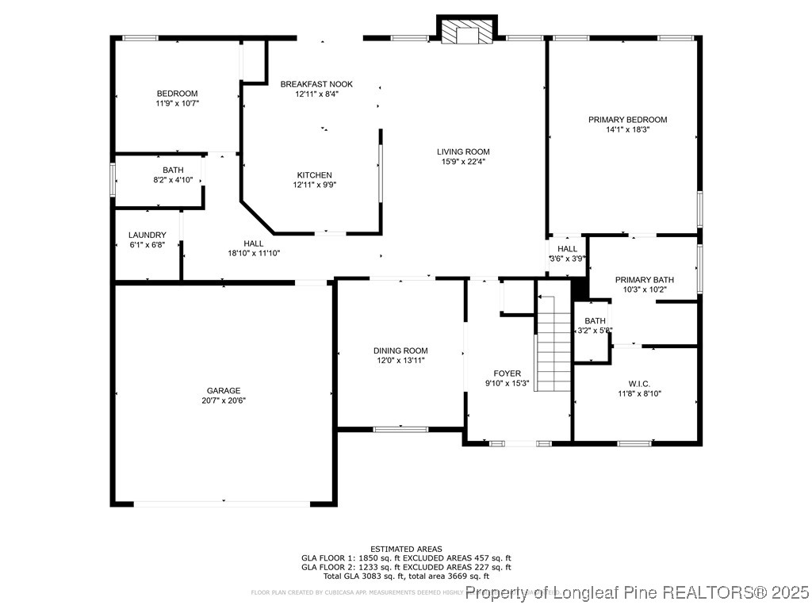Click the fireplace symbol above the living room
coord(466,31)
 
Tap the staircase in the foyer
coord(554,342)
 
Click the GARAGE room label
coord(224,390)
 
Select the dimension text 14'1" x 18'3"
coord(627,129)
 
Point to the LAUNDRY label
coord(147,235)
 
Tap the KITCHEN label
coord(314,175)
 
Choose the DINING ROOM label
coord(400,350)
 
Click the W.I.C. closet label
coord(639,384)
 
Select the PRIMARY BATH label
coord(644,280)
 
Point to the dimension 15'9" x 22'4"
coord(463,161)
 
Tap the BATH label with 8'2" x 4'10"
coord(173,170)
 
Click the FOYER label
coord(507,373)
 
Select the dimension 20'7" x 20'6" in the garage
coord(224,400)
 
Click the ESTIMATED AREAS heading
coord(406,549)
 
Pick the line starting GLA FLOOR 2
coord(406,567)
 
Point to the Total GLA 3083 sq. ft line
coord(406,576)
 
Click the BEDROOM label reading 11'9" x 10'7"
coord(177,94)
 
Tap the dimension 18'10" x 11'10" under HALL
coord(254,253)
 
